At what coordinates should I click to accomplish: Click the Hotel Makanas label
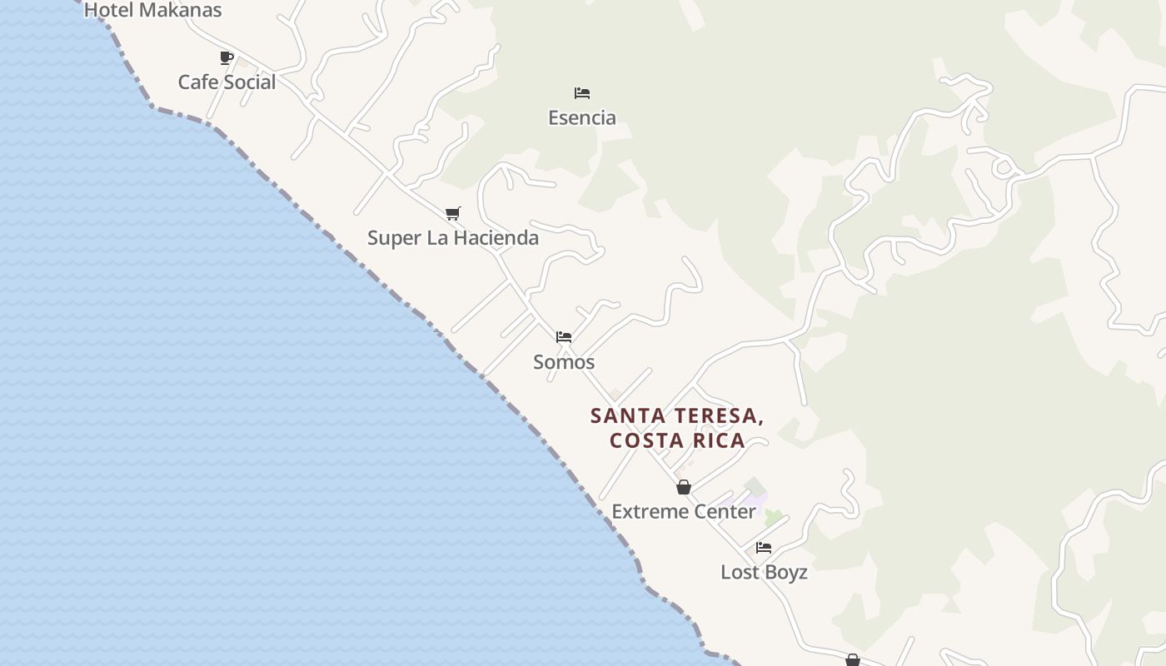coord(153,10)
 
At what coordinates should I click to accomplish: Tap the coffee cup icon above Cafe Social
coord(227,57)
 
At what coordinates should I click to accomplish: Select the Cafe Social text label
coord(227,82)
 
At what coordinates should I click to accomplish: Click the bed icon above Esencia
coord(582,93)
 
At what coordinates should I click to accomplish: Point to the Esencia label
coord(582,117)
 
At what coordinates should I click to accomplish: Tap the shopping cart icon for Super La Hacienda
coord(452,214)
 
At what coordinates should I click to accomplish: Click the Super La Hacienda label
coord(453,238)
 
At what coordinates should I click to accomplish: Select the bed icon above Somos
coord(564,337)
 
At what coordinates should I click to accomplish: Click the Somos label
coord(564,362)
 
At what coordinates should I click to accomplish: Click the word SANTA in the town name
coord(626,415)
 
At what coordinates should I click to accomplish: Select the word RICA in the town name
coord(720,440)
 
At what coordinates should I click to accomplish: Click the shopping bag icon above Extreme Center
coord(684,487)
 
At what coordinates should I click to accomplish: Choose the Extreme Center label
coord(684,511)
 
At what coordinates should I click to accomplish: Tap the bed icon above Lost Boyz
coord(764,548)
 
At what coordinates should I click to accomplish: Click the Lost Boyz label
coord(764,573)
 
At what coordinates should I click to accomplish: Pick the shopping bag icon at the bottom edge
coord(853,660)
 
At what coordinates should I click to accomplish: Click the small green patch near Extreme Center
coord(774,517)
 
